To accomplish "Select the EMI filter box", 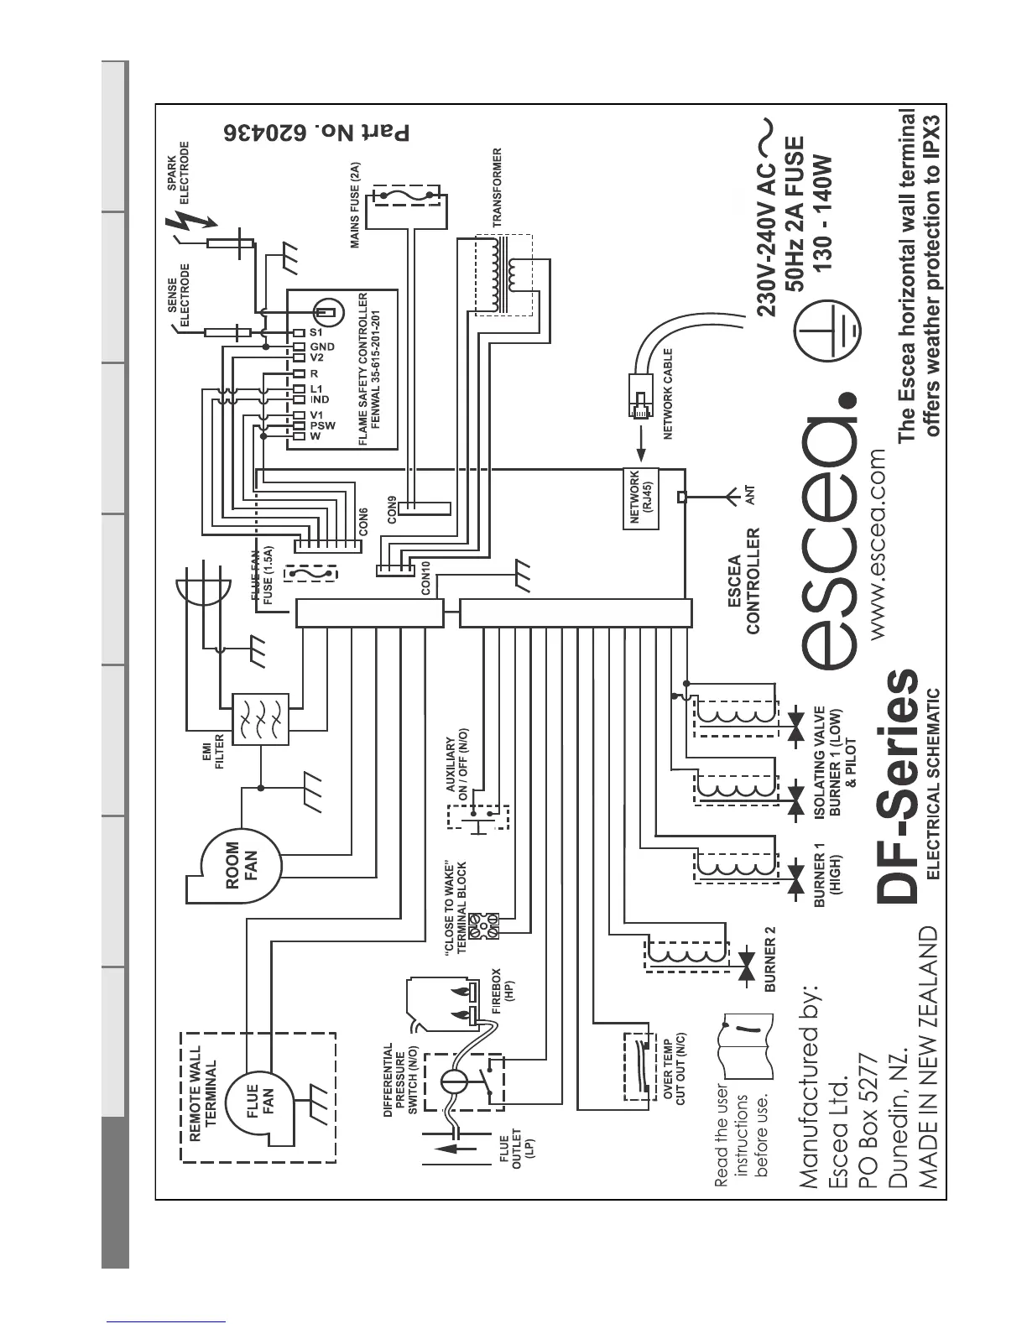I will (x=259, y=719).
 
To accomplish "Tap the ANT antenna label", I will (x=750, y=495).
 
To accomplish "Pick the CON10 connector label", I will (x=426, y=578).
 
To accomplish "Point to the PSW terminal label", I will (x=322, y=425).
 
